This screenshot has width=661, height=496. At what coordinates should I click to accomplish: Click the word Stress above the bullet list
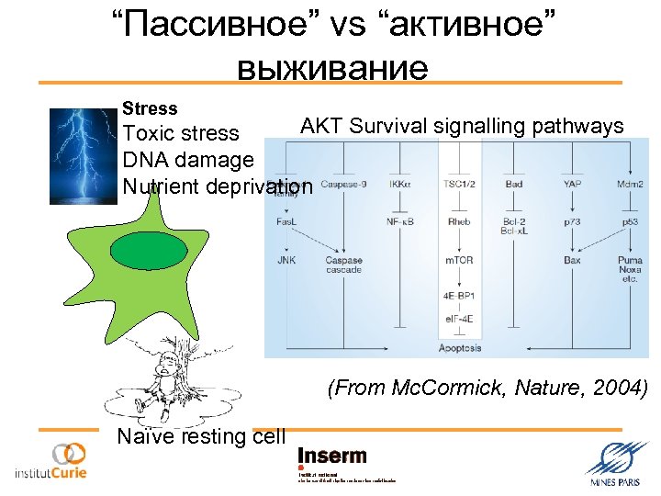tap(150, 108)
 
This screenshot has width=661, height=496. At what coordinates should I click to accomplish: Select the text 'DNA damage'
tap(187, 160)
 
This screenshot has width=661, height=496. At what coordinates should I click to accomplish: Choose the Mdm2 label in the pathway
tap(630, 185)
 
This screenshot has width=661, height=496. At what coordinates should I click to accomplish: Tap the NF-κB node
tap(399, 221)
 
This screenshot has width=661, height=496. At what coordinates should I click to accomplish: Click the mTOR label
tap(459, 260)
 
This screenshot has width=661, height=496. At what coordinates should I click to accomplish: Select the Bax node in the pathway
tap(573, 260)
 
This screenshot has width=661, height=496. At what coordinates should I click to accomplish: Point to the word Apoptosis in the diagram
tap(459, 349)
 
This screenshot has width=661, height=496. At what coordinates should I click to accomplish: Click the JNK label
tap(286, 260)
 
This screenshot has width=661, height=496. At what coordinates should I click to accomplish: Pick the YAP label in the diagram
tap(573, 185)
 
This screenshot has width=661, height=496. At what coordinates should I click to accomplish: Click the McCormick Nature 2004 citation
tap(487, 389)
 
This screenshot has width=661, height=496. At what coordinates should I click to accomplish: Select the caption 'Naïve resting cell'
tap(201, 436)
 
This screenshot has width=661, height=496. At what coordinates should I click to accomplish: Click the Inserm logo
tap(332, 457)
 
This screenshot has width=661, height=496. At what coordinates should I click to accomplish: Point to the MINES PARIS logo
tap(616, 462)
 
